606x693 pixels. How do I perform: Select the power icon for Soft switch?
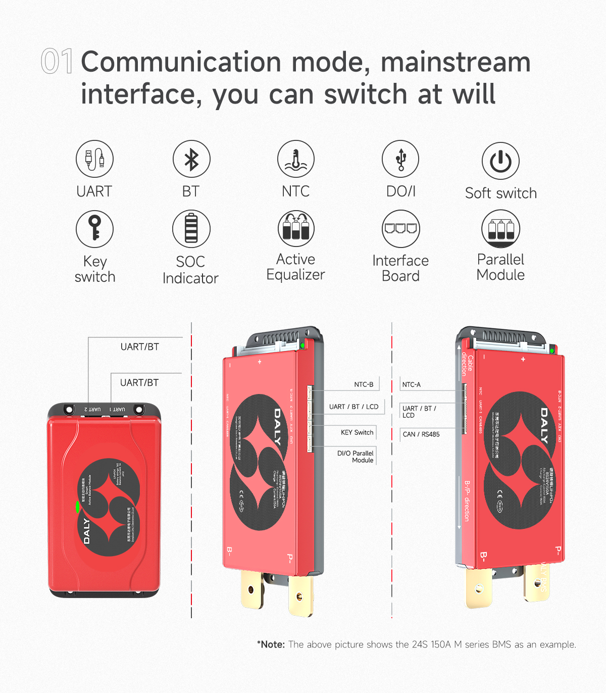click(500, 161)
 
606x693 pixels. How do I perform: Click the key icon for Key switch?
click(94, 229)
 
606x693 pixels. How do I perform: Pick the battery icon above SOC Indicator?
click(191, 229)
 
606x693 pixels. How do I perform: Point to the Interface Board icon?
click(400, 229)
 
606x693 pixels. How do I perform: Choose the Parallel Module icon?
click(500, 229)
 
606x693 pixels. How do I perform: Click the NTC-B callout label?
click(364, 384)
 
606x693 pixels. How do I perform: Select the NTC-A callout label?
click(412, 384)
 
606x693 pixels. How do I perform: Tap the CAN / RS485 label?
click(421, 434)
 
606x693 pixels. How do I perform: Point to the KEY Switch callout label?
click(357, 432)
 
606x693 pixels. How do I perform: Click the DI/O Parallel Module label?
click(356, 457)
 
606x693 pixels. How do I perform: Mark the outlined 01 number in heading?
click(57, 62)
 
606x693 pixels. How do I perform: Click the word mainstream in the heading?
click(456, 62)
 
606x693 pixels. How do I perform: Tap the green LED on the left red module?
click(77, 507)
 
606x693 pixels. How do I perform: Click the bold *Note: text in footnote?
click(271, 645)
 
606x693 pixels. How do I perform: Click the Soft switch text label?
click(500, 193)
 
